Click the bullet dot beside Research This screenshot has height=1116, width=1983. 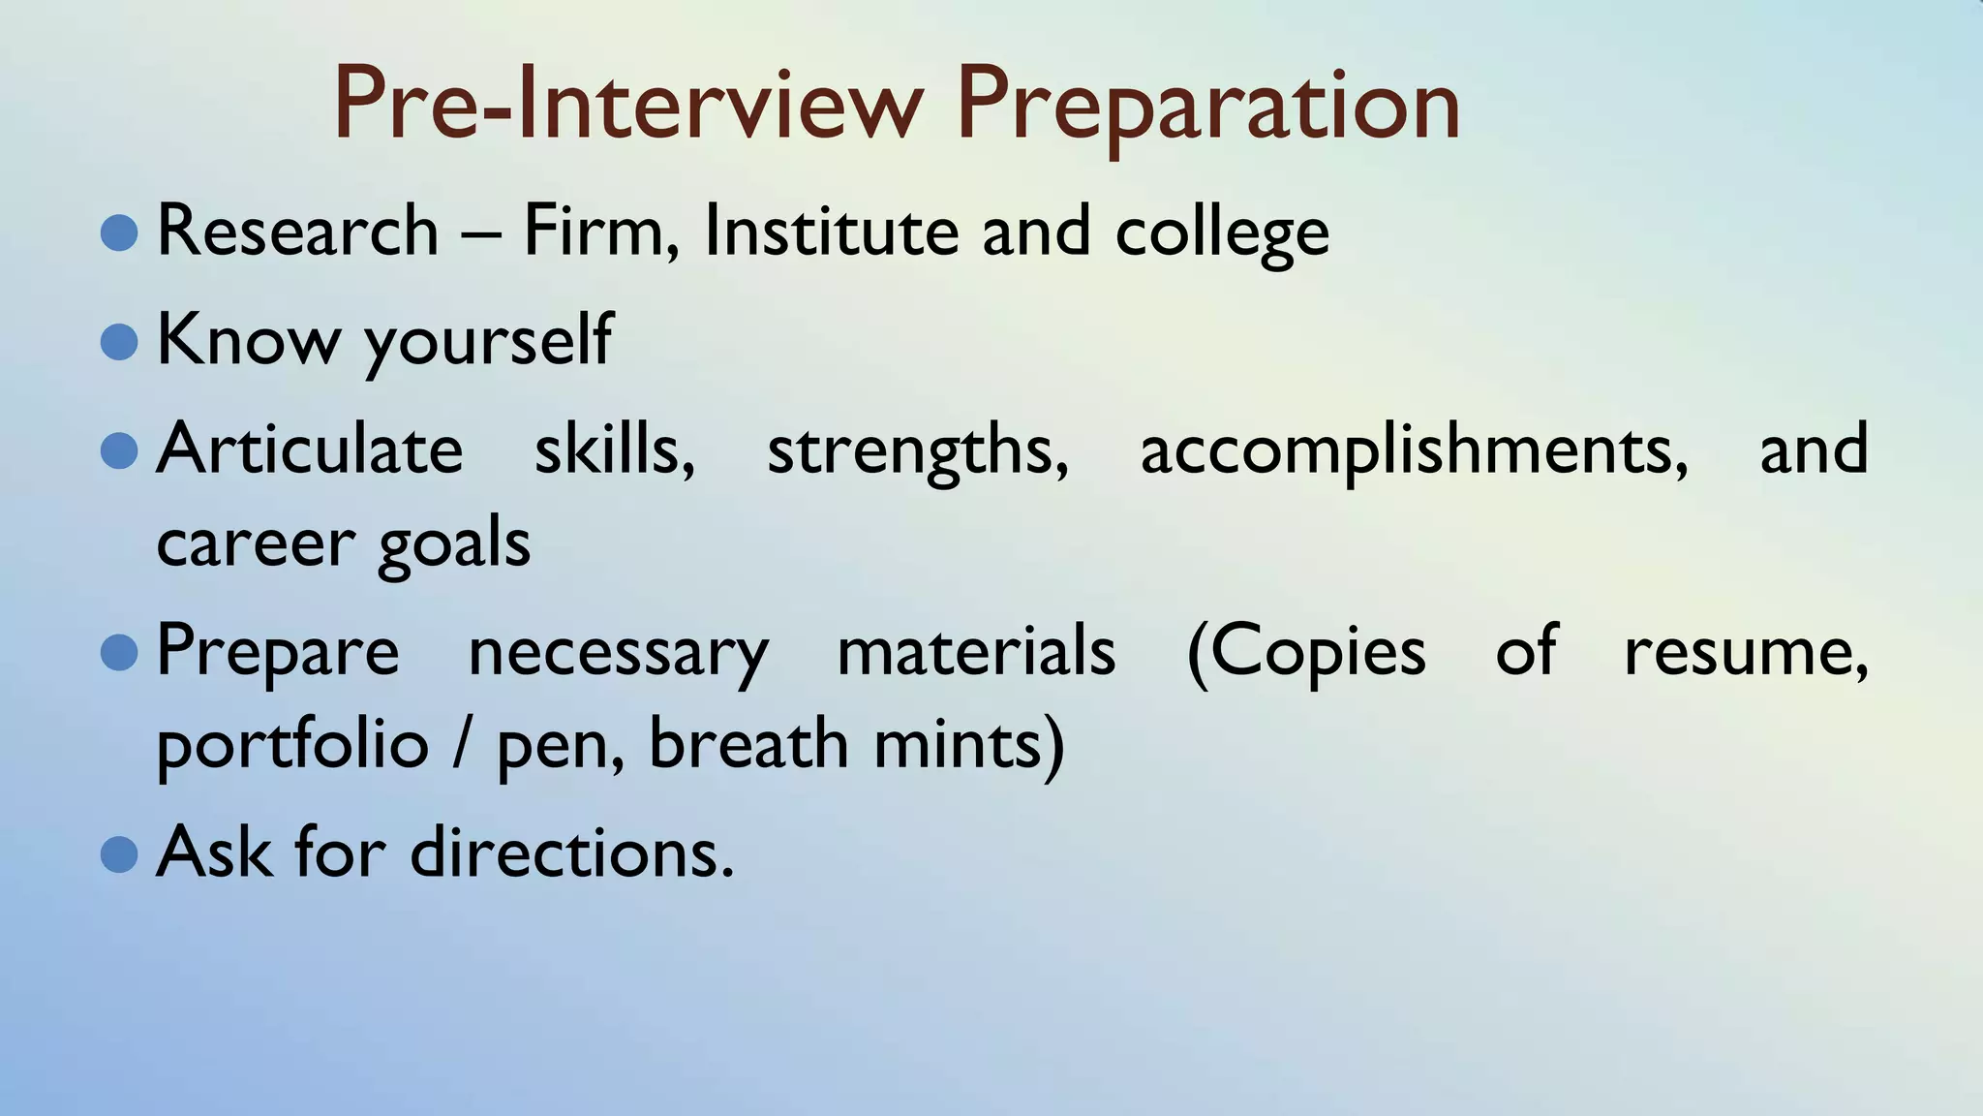click(x=119, y=232)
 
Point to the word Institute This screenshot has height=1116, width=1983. click(x=831, y=232)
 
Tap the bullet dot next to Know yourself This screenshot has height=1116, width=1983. click(x=119, y=341)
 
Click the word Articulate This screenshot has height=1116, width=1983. click(x=310, y=449)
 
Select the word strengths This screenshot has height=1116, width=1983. click(x=917, y=451)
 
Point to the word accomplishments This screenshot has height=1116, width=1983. click(x=1414, y=451)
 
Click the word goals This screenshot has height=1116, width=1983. click(x=454, y=544)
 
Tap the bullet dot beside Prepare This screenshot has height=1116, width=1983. click(x=119, y=652)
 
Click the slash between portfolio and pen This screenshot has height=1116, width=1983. click(x=463, y=746)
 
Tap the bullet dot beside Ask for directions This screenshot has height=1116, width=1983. click(x=119, y=854)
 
